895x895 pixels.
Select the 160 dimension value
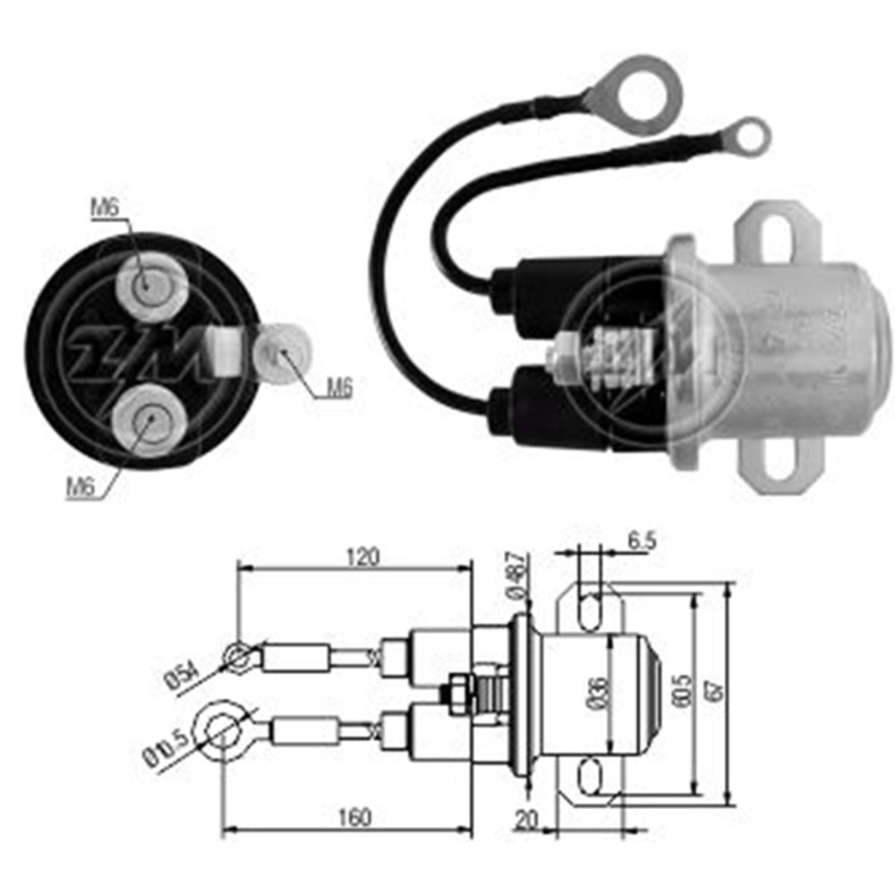[354, 817]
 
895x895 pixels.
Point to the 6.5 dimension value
[644, 541]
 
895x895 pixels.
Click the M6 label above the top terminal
[105, 209]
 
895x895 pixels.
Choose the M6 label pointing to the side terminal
[337, 388]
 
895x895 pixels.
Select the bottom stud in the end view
[149, 419]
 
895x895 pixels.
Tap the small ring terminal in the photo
[742, 135]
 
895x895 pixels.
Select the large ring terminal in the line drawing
[220, 727]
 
